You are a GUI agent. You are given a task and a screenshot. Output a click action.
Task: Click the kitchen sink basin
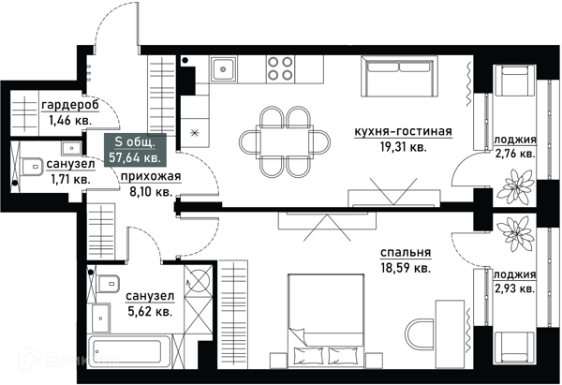point(223,68)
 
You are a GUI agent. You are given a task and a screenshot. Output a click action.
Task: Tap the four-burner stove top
point(280,68)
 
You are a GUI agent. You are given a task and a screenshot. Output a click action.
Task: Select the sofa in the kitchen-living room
point(399,76)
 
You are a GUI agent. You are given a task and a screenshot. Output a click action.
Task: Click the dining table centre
point(285,142)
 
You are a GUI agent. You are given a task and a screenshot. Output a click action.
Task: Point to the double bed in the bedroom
point(326,320)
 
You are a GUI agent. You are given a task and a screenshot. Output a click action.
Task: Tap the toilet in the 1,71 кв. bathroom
point(31,167)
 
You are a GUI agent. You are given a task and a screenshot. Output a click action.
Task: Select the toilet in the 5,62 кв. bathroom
point(108,284)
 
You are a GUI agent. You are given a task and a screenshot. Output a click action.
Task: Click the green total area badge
point(135,150)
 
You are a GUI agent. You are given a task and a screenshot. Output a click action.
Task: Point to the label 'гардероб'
point(70,106)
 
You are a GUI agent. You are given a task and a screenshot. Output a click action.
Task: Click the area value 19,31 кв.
point(403,147)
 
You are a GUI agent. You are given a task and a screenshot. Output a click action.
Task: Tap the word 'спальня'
point(406,253)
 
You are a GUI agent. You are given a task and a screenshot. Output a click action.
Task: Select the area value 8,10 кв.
point(151,192)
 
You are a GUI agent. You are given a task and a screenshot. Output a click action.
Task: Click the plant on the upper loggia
point(515,185)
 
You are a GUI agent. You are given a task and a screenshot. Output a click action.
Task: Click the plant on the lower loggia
point(515,233)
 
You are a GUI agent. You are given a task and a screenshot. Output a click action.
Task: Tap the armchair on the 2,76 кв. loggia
point(514,81)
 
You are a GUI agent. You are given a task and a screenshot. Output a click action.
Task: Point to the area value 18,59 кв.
point(406,268)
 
